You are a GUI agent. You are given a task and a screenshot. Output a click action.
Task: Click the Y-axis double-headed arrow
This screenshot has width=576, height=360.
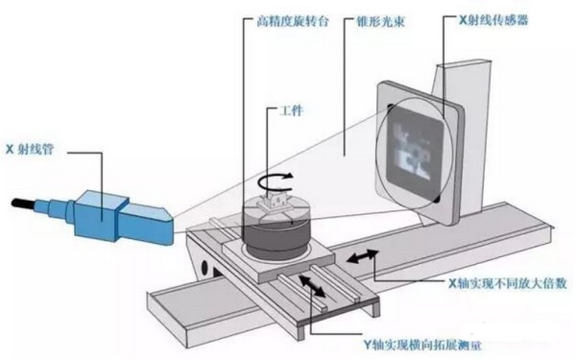pos(312,285)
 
